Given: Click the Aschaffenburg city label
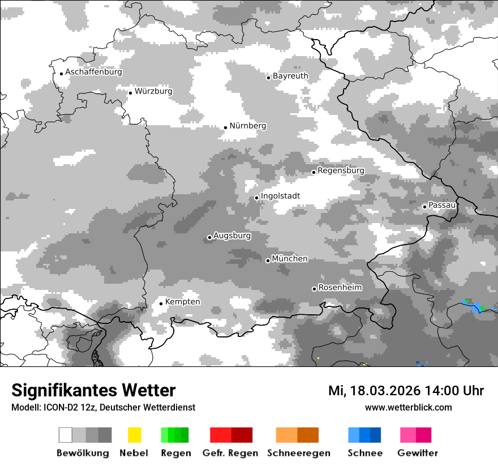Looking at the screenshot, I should click(93, 72).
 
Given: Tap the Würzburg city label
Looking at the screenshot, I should click(153, 91).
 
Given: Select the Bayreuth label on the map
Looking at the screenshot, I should click(290, 76).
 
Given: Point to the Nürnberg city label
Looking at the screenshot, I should click(247, 126).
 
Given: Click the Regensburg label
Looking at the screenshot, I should click(341, 170).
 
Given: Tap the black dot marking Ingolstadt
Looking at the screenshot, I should click(257, 198).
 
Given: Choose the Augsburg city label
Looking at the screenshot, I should click(232, 236).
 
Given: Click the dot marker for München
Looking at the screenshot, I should click(268, 260).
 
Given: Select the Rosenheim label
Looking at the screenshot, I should click(340, 288).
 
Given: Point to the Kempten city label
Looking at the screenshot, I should click(182, 302).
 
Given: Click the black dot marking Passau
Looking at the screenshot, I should click(425, 207).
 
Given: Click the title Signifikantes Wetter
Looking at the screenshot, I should click(93, 391).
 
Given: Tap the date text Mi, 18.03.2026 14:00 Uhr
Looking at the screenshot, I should click(406, 391).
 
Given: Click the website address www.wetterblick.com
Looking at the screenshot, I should click(408, 407).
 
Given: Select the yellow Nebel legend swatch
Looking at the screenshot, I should click(134, 435).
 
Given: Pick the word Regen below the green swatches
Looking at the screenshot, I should click(175, 453).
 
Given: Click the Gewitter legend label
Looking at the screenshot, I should click(417, 453).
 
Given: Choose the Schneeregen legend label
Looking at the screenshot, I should click(298, 453).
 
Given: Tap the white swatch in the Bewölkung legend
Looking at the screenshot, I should click(66, 435).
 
